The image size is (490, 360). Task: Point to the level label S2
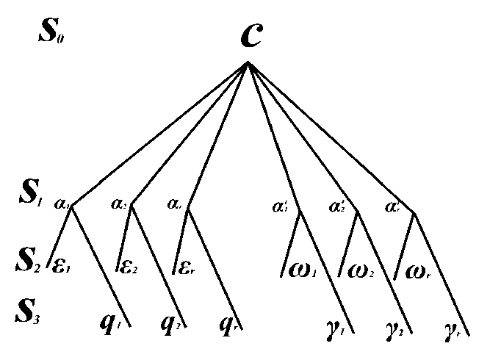[x=32, y=259]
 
